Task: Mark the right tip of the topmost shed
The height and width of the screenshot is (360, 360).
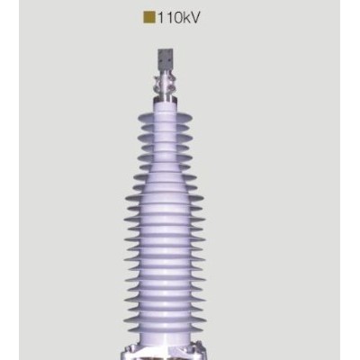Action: click(x=185, y=125)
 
